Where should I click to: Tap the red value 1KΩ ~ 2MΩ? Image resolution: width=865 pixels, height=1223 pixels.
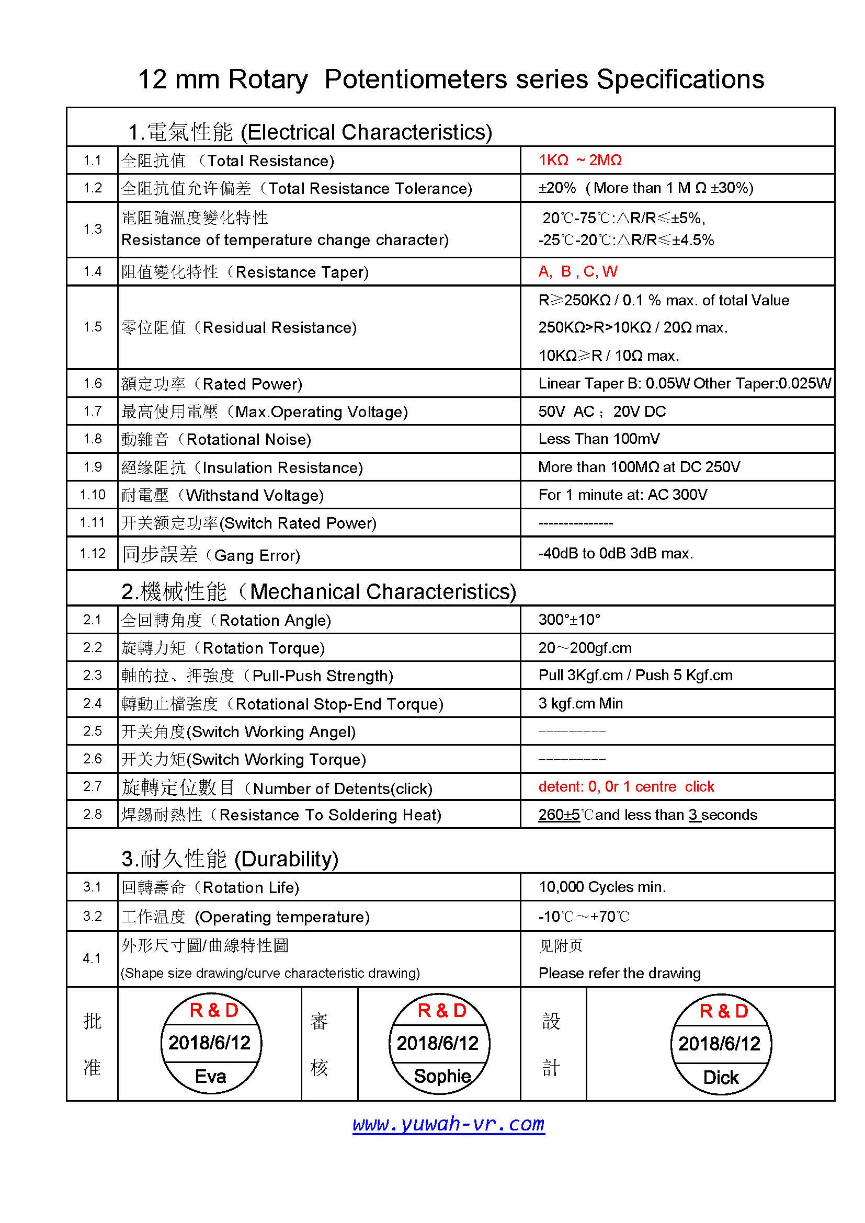(x=580, y=161)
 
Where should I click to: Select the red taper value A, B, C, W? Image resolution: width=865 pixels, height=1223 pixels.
(x=577, y=272)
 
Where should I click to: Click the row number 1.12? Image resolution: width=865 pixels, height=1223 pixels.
(x=93, y=553)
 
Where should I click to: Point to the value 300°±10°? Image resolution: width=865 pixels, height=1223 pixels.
(x=569, y=620)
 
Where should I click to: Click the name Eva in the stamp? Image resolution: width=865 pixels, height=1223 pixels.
(x=210, y=1077)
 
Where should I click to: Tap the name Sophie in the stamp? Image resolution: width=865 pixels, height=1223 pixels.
(x=442, y=1076)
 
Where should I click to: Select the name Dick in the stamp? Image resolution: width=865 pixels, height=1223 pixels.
(x=721, y=1078)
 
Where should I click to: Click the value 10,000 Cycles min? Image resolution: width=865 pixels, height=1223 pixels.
(x=602, y=887)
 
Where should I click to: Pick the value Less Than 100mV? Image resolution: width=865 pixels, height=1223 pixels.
(x=599, y=439)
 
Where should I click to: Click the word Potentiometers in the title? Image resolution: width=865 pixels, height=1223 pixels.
(x=415, y=79)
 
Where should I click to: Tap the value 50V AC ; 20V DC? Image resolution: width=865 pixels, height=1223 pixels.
(x=602, y=411)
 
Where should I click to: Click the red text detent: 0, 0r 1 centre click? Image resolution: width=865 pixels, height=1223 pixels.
(x=626, y=787)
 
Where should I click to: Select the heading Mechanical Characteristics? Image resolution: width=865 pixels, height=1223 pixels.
(x=382, y=592)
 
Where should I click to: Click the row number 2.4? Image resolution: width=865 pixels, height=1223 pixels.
(x=93, y=703)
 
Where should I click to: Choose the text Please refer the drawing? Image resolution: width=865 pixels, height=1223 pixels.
(x=619, y=973)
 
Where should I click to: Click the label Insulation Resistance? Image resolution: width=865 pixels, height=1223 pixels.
(x=282, y=467)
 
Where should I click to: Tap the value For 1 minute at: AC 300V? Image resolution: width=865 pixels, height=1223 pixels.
(x=623, y=495)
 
